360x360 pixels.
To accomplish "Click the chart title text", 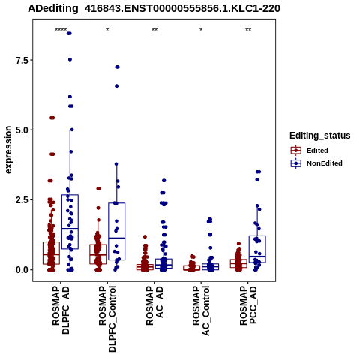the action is point(154,9).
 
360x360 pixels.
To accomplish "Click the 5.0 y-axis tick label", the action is point(21,130).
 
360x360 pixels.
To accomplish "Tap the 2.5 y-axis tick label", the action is point(21,200).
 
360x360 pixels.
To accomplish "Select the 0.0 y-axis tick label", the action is point(21,270).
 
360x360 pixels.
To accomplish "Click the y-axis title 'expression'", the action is point(8,150).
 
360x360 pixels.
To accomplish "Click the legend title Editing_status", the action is point(320,136).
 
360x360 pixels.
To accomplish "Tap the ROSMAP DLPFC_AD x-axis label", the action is point(61,310).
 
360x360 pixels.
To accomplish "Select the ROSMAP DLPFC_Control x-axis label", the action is point(107,319).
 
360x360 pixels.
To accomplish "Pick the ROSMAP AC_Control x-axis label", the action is point(201,310).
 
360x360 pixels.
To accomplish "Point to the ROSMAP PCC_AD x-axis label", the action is point(248,305).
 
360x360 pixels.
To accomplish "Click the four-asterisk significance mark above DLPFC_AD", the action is point(61,30).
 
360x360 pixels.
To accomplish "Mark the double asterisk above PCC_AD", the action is point(248,30).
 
